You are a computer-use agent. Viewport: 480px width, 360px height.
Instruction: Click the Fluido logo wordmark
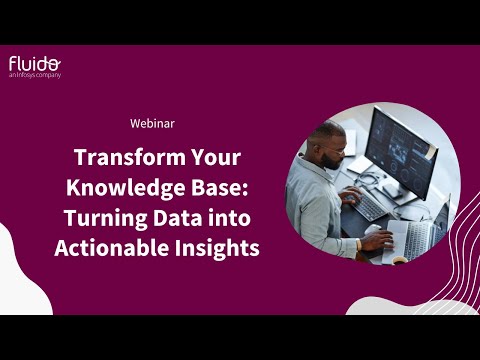pyautogui.click(x=34, y=63)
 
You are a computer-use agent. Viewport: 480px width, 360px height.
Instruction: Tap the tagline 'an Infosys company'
pyautogui.click(x=35, y=75)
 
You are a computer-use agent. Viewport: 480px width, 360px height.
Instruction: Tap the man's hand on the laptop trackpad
pyautogui.click(x=377, y=240)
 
